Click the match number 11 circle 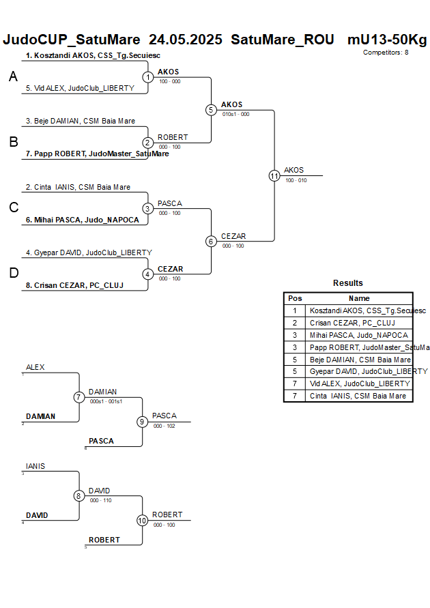(274, 175)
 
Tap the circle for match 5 (211, 110)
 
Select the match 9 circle (142, 422)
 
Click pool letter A (13, 78)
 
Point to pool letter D (13, 274)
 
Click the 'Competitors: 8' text (386, 52)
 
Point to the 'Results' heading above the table (348, 283)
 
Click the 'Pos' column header (295, 298)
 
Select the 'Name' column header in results (359, 298)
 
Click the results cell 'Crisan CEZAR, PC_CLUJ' (352, 323)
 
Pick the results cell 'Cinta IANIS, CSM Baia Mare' (358, 396)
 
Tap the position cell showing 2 (295, 323)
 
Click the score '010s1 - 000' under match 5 (236, 115)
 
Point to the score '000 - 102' (164, 426)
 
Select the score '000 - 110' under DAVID (101, 500)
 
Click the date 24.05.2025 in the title (186, 40)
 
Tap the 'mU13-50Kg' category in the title (387, 40)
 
